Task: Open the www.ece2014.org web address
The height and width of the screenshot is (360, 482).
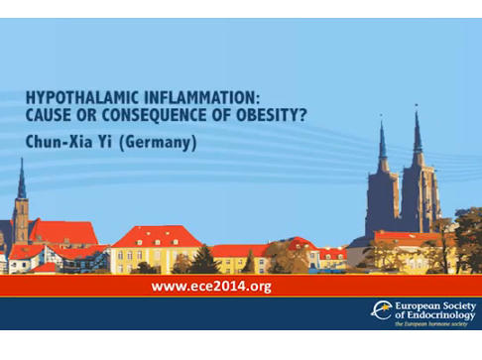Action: (x=211, y=287)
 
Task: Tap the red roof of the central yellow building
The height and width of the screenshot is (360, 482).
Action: (x=157, y=235)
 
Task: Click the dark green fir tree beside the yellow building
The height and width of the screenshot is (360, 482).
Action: (x=203, y=260)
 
